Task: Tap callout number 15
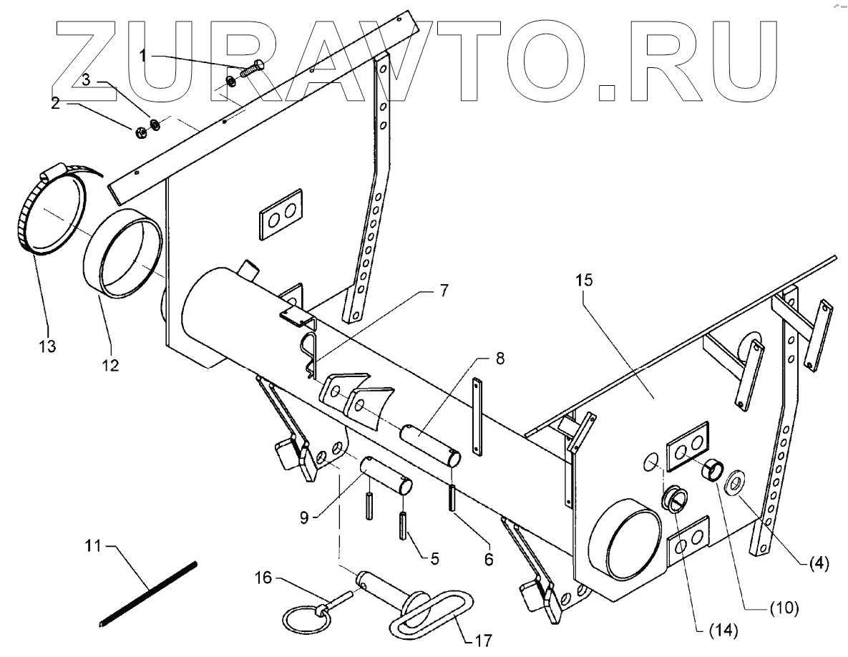click(x=585, y=281)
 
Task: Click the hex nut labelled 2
click(x=140, y=130)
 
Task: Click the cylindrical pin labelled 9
click(x=386, y=475)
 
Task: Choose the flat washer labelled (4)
click(x=736, y=484)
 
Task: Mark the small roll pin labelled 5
click(x=404, y=527)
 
